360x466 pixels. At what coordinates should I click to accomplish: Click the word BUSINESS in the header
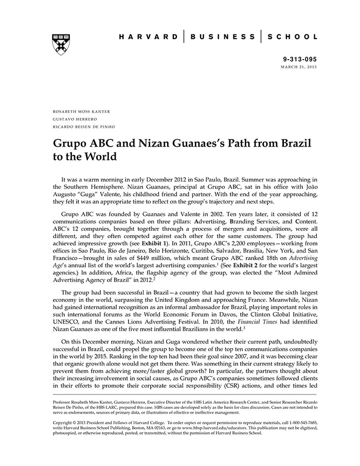(222, 37)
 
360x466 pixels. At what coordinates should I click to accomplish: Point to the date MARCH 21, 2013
(299, 67)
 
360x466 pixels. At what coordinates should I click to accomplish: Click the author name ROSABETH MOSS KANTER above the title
(82, 111)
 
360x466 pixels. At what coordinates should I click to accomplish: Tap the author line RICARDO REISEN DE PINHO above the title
(84, 127)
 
